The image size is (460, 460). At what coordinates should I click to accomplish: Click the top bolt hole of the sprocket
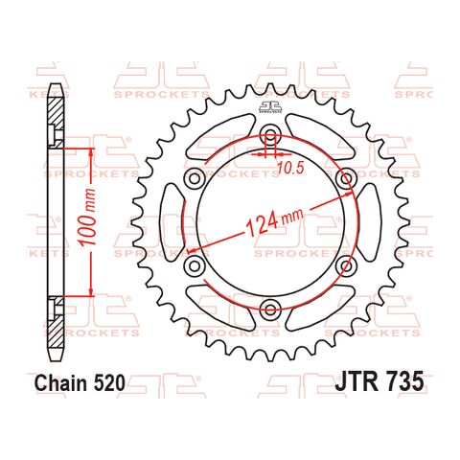270,134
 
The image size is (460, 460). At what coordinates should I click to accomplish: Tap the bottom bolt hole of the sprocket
270,308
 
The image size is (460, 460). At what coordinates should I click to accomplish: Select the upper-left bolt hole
195,178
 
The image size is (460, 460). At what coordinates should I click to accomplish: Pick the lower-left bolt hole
195,264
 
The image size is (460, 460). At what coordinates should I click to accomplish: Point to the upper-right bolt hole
345,178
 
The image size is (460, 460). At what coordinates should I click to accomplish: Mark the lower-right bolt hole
345,264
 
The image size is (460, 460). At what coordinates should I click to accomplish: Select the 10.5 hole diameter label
290,167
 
